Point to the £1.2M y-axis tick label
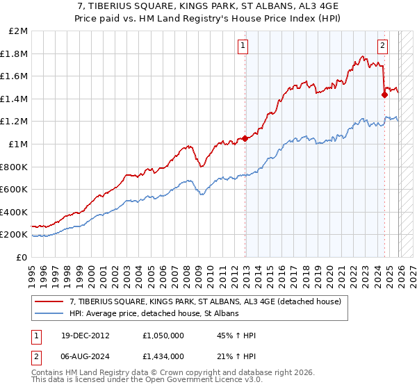tap(15, 122)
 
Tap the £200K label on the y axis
tap(15, 235)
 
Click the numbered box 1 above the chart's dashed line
tap(243, 46)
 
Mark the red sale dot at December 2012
tap(245, 138)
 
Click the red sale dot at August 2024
tap(384, 95)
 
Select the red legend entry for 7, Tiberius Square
tap(205, 302)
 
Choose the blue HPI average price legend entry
tap(154, 314)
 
